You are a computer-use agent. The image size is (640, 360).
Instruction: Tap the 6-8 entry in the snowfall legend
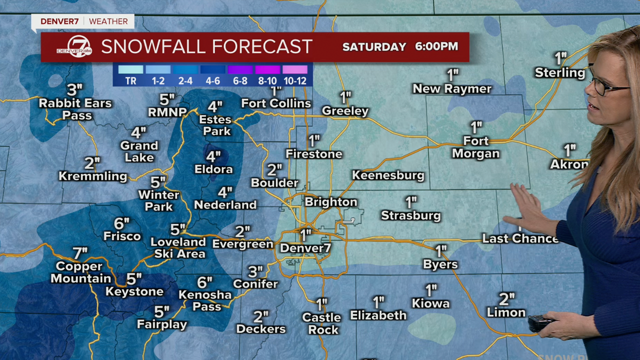click(x=240, y=80)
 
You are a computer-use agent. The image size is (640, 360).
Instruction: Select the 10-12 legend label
click(x=294, y=80)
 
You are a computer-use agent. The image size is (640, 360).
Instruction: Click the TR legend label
click(x=130, y=80)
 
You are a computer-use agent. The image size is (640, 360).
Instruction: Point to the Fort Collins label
click(x=276, y=103)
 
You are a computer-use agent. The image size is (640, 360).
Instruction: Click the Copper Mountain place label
click(x=80, y=272)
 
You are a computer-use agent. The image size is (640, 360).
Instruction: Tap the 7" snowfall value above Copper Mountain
click(x=80, y=253)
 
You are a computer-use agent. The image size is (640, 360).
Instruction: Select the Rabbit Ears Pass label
click(x=75, y=109)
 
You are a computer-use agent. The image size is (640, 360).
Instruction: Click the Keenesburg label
click(x=388, y=175)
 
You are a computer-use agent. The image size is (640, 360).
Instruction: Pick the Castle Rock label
click(x=321, y=323)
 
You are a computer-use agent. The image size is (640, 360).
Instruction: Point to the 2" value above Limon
click(x=506, y=299)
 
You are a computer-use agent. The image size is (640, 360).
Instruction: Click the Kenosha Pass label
click(x=205, y=300)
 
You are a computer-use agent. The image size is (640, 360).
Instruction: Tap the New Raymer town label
click(x=452, y=89)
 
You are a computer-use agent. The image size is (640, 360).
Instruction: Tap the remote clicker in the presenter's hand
click(x=540, y=322)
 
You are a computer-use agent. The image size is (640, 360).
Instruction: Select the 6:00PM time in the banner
click(x=436, y=46)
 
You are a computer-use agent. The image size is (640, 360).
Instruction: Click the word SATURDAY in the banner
click(x=374, y=47)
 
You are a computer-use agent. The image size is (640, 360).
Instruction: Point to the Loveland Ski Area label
click(x=178, y=248)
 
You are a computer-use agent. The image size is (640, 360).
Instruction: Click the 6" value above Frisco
click(x=121, y=223)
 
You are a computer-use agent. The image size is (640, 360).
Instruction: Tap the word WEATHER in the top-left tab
click(x=108, y=21)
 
